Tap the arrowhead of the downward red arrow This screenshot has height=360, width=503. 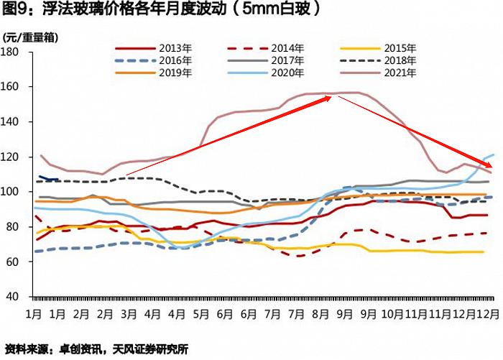(489, 168)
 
